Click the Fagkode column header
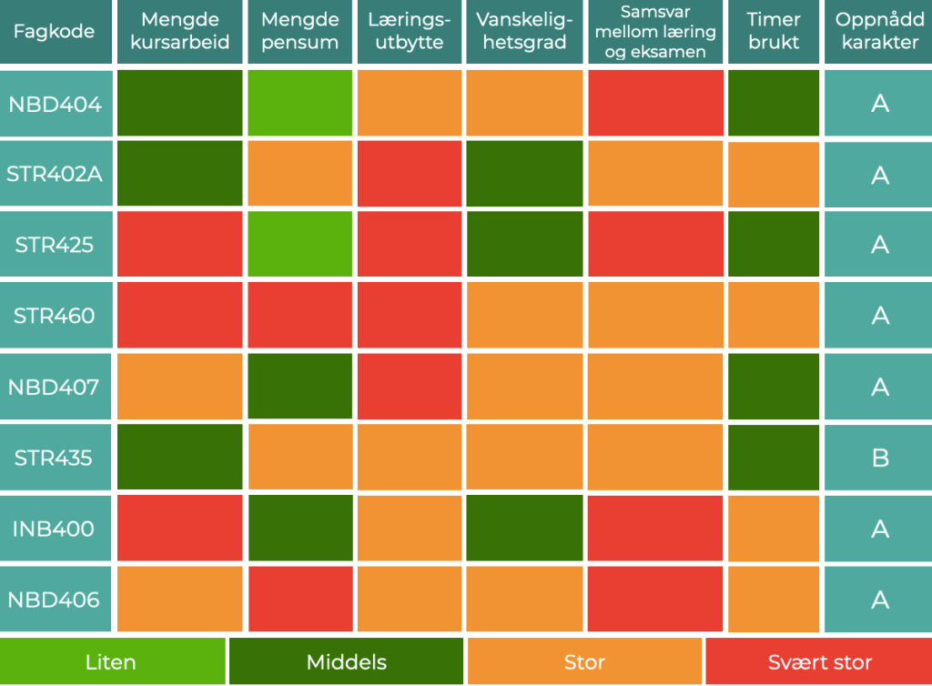coord(54,32)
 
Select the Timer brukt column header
coord(774,32)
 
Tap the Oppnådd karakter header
coord(879,32)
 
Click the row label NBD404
coord(55,103)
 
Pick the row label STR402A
coord(55,173)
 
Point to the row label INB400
coord(55,529)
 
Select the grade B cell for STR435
coord(879,458)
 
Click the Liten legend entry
coord(112,661)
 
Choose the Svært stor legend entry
coord(819,661)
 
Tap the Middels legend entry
coord(346,661)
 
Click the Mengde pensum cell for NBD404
coord(299,103)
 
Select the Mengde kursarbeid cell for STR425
coord(180,244)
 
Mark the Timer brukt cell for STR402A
coord(774,173)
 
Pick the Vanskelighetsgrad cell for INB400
coord(524,529)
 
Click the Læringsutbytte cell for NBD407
coord(409,387)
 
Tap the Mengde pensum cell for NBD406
coord(299,600)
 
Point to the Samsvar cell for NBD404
coord(654,103)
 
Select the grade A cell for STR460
coord(879,316)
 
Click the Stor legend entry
coord(584,661)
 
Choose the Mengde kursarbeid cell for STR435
coord(180,458)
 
